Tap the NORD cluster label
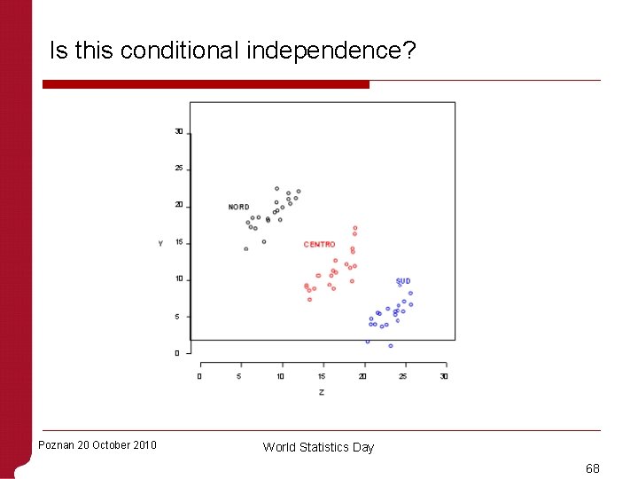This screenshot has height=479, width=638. pyautogui.click(x=238, y=208)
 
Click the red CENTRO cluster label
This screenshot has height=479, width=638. pyautogui.click(x=319, y=245)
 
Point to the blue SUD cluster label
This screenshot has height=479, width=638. pyautogui.click(x=403, y=281)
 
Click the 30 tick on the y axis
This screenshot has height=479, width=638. pyautogui.click(x=179, y=131)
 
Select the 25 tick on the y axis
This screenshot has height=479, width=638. pyautogui.click(x=179, y=169)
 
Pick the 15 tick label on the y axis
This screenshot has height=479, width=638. pyautogui.click(x=179, y=242)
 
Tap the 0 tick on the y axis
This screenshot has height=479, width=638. pyautogui.click(x=177, y=353)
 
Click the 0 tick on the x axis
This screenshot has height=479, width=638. pyautogui.click(x=199, y=376)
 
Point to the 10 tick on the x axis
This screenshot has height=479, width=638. pyautogui.click(x=281, y=376)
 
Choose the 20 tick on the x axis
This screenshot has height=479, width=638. pyautogui.click(x=362, y=376)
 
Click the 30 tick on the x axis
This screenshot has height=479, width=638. pyautogui.click(x=444, y=376)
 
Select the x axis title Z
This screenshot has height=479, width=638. pyautogui.click(x=321, y=392)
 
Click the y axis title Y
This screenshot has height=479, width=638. pyautogui.click(x=160, y=243)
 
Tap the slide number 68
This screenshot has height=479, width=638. pyautogui.click(x=592, y=467)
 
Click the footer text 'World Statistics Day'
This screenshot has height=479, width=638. pyautogui.click(x=318, y=447)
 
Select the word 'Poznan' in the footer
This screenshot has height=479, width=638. pyautogui.click(x=57, y=445)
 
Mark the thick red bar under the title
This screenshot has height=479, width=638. pyautogui.click(x=206, y=84)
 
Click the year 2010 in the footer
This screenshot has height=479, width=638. pyautogui.click(x=143, y=445)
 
